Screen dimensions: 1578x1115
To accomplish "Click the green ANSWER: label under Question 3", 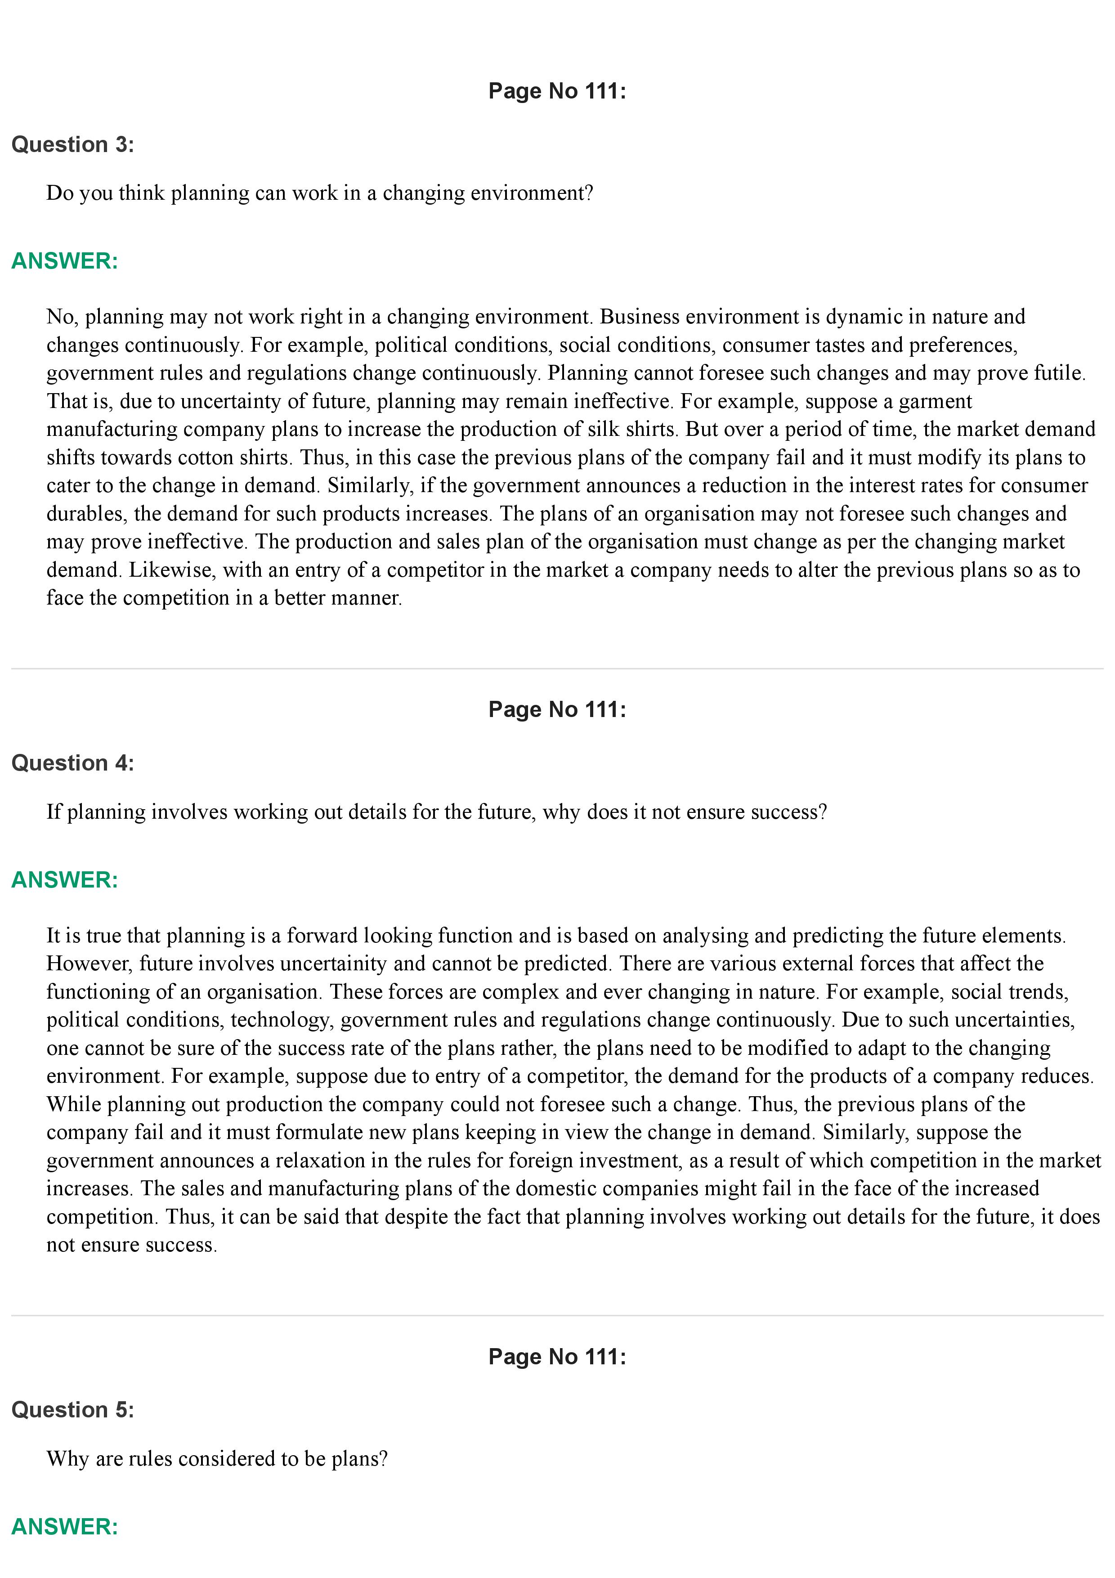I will click(x=65, y=261).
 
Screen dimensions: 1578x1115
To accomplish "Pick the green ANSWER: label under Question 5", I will click(x=65, y=1527).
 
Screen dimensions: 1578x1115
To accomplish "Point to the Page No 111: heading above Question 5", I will click(x=557, y=1357).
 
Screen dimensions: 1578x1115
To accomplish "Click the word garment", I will click(x=935, y=401).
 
